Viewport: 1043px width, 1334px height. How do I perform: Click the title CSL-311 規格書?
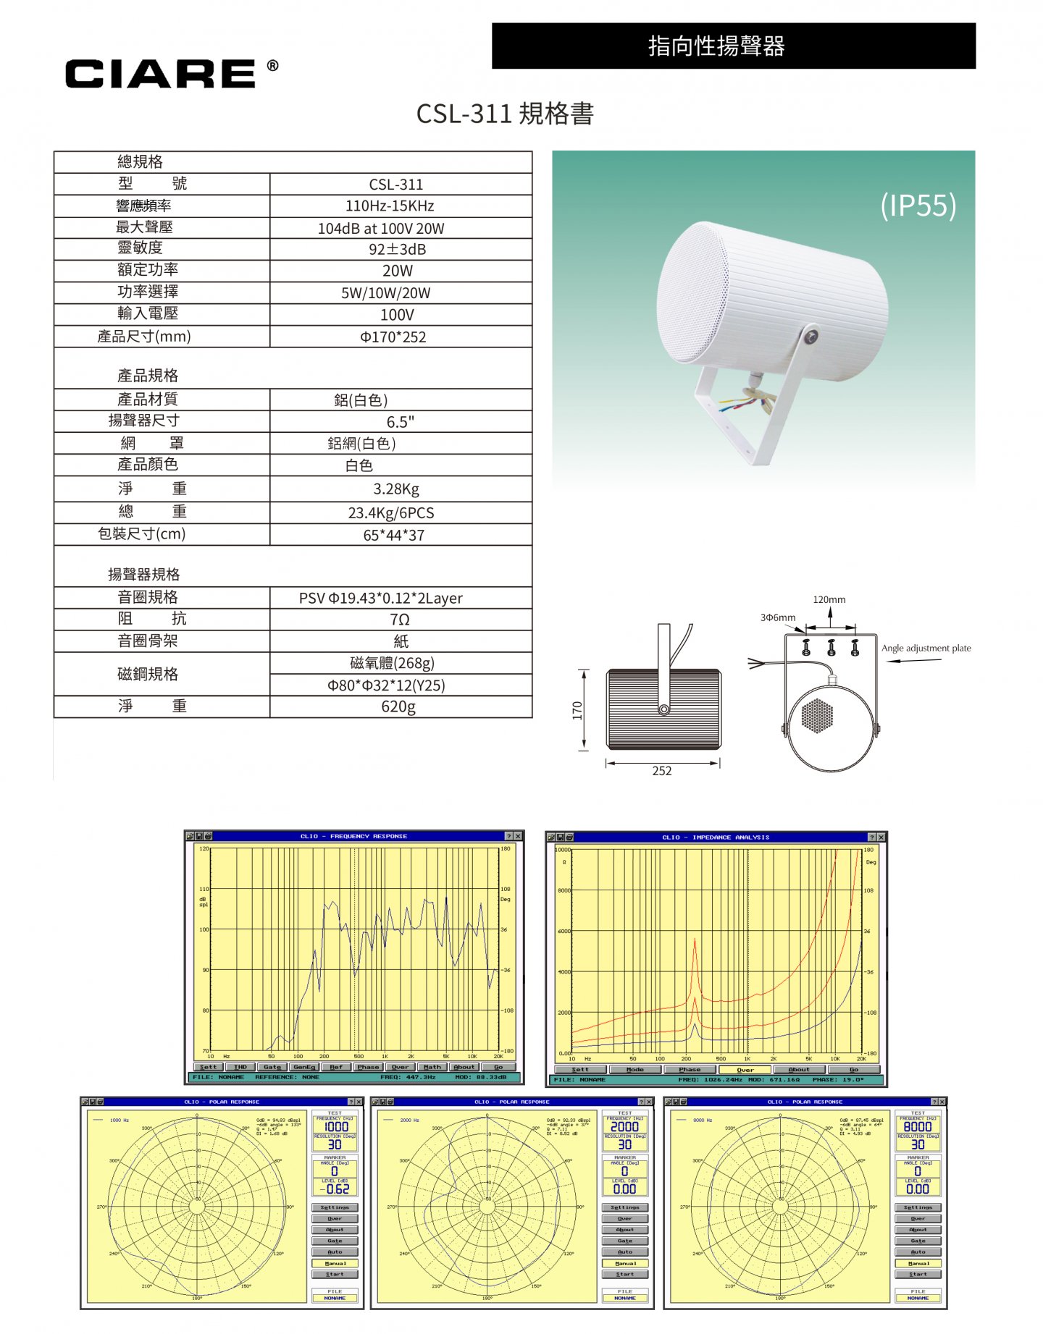pos(505,114)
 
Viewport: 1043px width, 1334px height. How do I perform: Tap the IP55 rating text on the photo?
pos(918,206)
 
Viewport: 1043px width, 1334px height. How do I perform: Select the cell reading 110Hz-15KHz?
pos(390,206)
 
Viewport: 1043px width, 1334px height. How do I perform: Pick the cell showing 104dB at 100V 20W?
pos(381,229)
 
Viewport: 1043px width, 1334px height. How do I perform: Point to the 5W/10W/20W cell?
pos(385,293)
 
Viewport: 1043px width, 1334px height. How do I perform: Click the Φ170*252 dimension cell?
pos(393,337)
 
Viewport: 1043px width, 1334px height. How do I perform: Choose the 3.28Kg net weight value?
pos(396,489)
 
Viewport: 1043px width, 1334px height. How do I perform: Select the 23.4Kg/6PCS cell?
pos(391,513)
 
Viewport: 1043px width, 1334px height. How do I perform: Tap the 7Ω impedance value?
pos(399,620)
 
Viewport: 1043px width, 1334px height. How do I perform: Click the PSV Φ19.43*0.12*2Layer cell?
pos(381,599)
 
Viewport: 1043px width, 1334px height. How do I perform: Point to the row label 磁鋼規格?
pos(148,675)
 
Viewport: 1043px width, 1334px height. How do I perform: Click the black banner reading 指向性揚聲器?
pos(733,46)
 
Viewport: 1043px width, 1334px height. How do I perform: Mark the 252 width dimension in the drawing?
pos(661,772)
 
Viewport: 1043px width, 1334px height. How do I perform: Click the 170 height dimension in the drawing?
pos(577,710)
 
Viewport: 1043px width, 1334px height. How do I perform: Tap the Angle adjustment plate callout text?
pos(926,649)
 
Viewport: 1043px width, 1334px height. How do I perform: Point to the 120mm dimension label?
pos(829,600)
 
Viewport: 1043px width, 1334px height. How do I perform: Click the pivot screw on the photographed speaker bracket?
pos(811,337)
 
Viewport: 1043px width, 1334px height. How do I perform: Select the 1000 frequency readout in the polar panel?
pos(335,1127)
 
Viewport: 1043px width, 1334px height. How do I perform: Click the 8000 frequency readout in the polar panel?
pos(918,1127)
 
